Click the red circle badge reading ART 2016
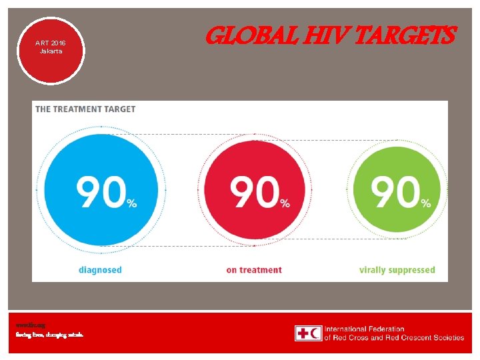tap(51, 50)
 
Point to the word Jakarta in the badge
tap(51, 51)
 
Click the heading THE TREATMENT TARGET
tap(85, 109)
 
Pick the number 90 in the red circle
tap(254, 193)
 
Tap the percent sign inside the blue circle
tap(132, 203)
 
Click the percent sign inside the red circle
tap(285, 203)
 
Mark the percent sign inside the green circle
tap(425, 203)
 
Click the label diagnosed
tap(99, 270)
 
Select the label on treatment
tap(254, 270)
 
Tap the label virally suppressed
tap(397, 270)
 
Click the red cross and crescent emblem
tap(308, 333)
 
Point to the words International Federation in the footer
tap(364, 329)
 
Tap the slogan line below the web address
tap(50, 335)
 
